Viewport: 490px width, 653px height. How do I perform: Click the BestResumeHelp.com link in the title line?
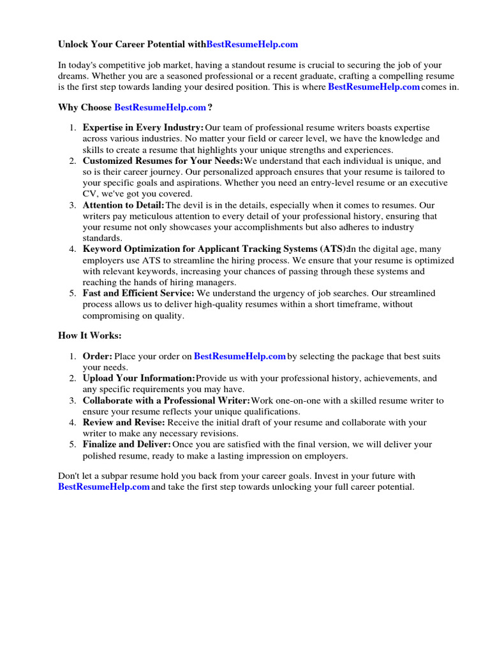[x=253, y=45]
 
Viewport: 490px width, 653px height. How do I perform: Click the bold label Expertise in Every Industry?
[x=143, y=128]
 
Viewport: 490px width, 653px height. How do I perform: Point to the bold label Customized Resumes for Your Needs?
[x=163, y=161]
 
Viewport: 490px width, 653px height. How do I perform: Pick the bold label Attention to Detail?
[x=123, y=205]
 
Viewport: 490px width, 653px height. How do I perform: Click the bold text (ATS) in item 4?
[x=333, y=249]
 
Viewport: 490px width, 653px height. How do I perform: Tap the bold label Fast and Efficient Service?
[x=138, y=293]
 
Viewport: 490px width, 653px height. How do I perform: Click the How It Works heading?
[x=89, y=335]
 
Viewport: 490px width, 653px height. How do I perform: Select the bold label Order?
[x=98, y=356]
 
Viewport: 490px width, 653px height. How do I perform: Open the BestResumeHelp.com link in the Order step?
[x=240, y=356]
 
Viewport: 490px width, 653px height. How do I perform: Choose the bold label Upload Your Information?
[x=138, y=379]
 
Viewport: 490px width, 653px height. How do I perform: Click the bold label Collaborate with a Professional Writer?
[x=166, y=400]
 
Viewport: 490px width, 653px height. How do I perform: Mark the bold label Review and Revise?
[x=124, y=423]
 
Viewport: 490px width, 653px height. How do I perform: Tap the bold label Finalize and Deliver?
[x=126, y=444]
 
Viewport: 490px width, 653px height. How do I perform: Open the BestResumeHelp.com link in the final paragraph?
[x=104, y=487]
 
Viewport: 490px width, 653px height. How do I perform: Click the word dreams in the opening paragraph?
[x=73, y=77]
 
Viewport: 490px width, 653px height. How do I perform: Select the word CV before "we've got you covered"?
[x=89, y=194]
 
